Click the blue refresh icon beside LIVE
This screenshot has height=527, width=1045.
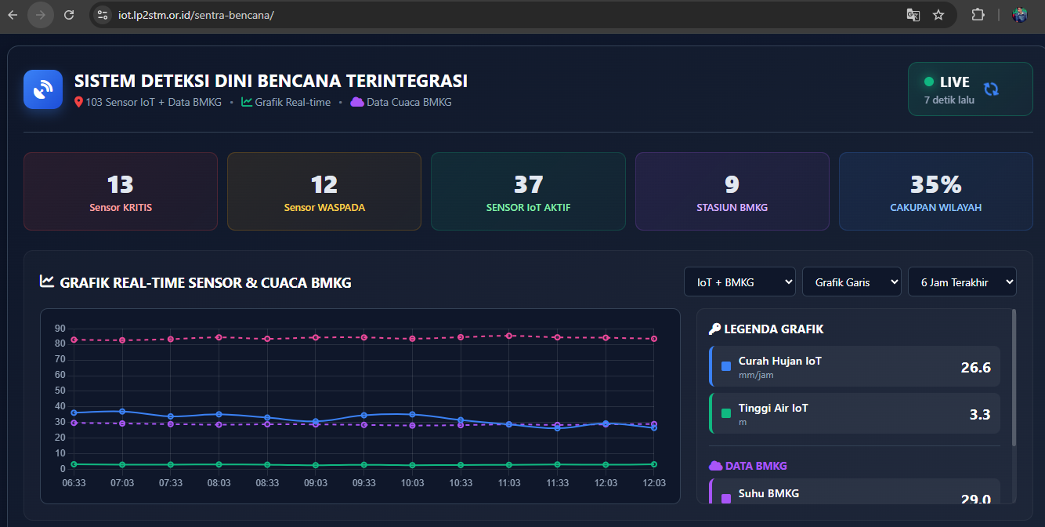pyautogui.click(x=991, y=89)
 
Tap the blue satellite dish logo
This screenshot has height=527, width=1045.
pyautogui.click(x=43, y=89)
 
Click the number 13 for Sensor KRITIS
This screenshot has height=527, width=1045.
pyautogui.click(x=120, y=184)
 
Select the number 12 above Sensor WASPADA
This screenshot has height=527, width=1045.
pyautogui.click(x=324, y=184)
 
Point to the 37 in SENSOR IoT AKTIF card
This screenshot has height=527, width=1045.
pyautogui.click(x=528, y=184)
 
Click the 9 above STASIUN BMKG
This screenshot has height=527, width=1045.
pyautogui.click(x=732, y=184)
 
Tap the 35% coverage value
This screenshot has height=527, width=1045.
pyautogui.click(x=935, y=184)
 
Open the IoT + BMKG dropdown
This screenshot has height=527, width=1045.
pyautogui.click(x=739, y=282)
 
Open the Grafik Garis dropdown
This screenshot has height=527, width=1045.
pyautogui.click(x=852, y=282)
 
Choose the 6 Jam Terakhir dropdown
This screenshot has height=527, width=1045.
pyautogui.click(x=962, y=282)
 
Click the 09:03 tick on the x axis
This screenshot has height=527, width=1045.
pyautogui.click(x=316, y=483)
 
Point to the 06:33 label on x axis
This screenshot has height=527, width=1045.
pyautogui.click(x=74, y=483)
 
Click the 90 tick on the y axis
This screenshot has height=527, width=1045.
pyautogui.click(x=60, y=328)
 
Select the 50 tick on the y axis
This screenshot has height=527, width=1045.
pyautogui.click(x=60, y=391)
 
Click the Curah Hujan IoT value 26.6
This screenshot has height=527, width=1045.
pyautogui.click(x=975, y=367)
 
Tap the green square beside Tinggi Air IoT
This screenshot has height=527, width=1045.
pyautogui.click(x=725, y=413)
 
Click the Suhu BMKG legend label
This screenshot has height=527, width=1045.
pyautogui.click(x=768, y=493)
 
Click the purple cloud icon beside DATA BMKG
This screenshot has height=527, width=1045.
pyautogui.click(x=715, y=466)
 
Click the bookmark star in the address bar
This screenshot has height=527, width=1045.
pyautogui.click(x=938, y=15)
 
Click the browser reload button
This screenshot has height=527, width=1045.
pyautogui.click(x=69, y=15)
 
